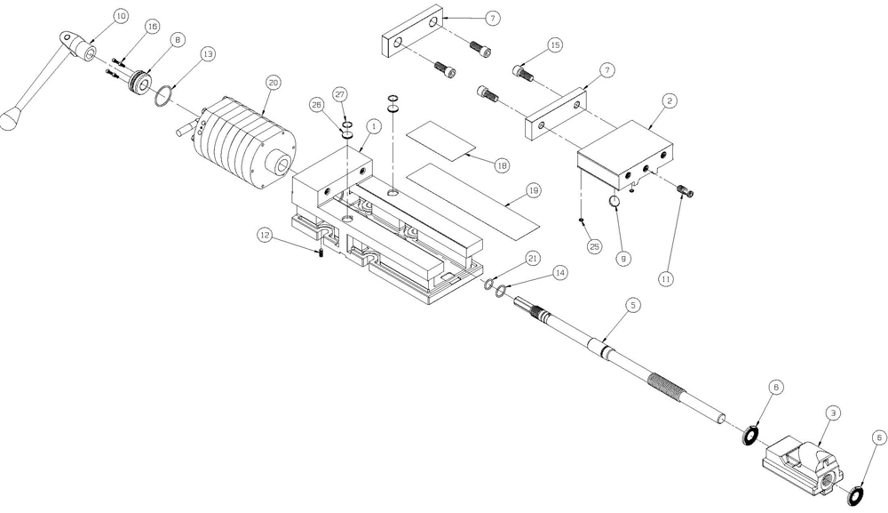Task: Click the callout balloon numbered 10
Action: pyautogui.click(x=121, y=16)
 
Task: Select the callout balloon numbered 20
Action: pyautogui.click(x=273, y=82)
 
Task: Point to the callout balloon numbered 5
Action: pyautogui.click(x=632, y=305)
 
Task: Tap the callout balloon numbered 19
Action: pyautogui.click(x=533, y=190)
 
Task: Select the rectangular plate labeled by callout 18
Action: pyautogui.click(x=441, y=140)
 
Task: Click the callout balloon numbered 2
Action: pyautogui.click(x=671, y=101)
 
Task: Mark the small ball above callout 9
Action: pyautogui.click(x=614, y=204)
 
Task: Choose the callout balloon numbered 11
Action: pyautogui.click(x=665, y=278)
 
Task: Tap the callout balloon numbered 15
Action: pyautogui.click(x=555, y=44)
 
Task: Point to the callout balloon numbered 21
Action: pyautogui.click(x=533, y=258)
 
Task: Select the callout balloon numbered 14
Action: pyautogui.click(x=559, y=274)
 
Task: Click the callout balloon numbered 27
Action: pyautogui.click(x=340, y=94)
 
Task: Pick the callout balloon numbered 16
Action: pyautogui.click(x=152, y=28)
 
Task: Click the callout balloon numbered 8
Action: pyautogui.click(x=178, y=40)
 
